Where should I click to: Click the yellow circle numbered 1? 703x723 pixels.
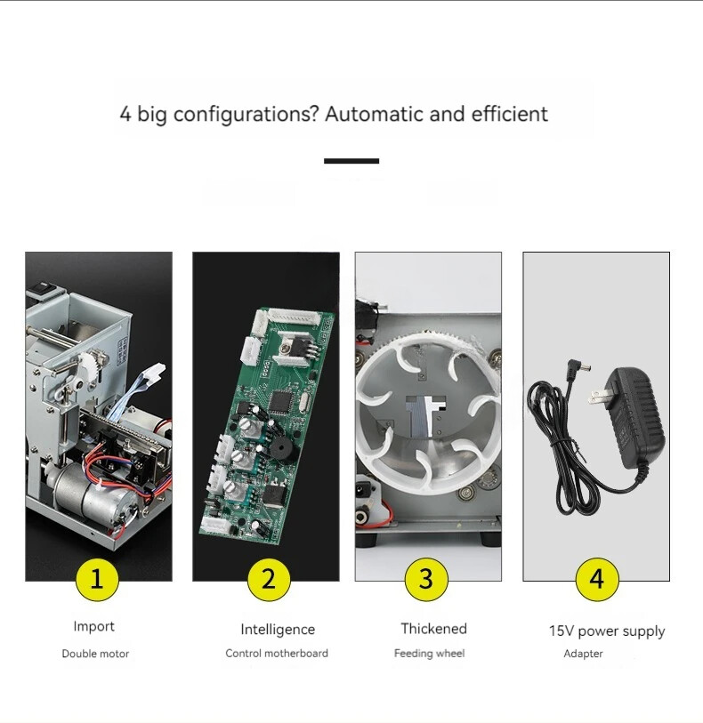click(x=97, y=579)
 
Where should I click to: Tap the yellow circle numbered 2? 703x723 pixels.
click(x=269, y=579)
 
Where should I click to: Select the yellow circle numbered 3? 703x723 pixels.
click(x=426, y=579)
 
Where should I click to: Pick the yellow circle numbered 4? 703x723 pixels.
click(x=597, y=579)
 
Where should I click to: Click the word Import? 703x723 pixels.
click(x=93, y=627)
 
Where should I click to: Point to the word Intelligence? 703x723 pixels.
click(x=278, y=630)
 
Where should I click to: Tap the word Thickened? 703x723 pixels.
click(x=433, y=629)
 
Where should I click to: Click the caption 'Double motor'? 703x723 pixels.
click(x=95, y=654)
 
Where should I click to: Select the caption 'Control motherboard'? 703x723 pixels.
click(x=277, y=653)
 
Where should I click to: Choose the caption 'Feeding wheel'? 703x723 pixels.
click(x=430, y=654)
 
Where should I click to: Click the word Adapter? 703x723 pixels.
click(x=583, y=654)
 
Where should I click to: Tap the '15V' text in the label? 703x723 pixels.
click(x=562, y=631)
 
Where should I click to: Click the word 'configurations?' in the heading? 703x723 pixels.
click(x=246, y=115)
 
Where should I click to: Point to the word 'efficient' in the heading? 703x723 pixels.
click(x=509, y=114)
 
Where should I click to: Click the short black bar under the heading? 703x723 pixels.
click(x=351, y=161)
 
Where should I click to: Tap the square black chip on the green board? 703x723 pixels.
click(x=280, y=402)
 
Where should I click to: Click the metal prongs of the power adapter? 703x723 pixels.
click(x=598, y=395)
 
